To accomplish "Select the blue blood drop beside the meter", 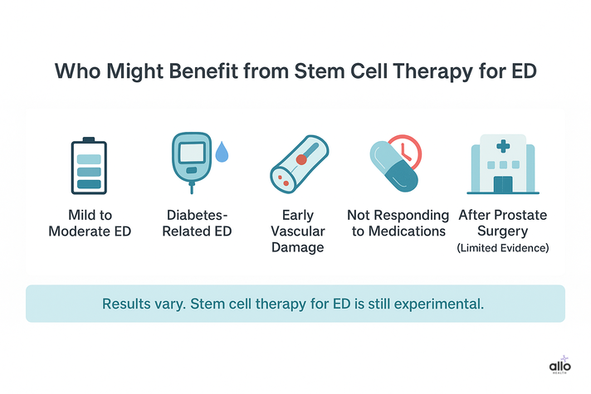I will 221,153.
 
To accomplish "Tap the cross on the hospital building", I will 503,146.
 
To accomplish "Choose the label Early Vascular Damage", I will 297,231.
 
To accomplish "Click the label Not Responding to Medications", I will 398,223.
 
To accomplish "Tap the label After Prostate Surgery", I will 502,223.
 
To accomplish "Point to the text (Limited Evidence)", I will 502,248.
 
